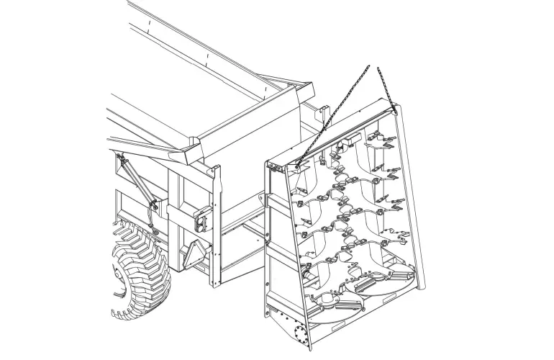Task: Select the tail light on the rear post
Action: [203, 218]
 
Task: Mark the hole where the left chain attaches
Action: [296, 167]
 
